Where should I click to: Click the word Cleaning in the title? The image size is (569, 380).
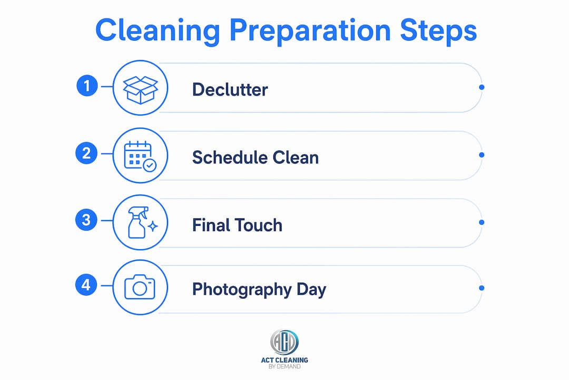(x=158, y=31)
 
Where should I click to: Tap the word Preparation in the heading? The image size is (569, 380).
(x=310, y=31)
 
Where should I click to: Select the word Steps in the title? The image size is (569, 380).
(x=438, y=31)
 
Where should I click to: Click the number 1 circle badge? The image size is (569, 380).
(x=87, y=86)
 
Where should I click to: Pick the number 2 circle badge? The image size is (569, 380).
(x=86, y=153)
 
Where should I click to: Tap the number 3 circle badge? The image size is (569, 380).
(x=86, y=220)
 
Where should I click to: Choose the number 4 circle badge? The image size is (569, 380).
(x=86, y=284)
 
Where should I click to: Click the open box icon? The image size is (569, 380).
(x=141, y=90)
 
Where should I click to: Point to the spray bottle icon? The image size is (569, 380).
(x=142, y=223)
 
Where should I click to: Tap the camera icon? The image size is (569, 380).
(x=140, y=287)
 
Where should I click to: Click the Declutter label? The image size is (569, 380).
(x=230, y=89)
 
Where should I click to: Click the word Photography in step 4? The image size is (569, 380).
(x=242, y=290)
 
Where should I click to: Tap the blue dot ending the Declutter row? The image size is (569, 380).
(x=482, y=87)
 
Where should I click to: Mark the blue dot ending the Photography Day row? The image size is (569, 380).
(x=482, y=288)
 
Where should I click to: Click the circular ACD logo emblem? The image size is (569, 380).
(x=284, y=342)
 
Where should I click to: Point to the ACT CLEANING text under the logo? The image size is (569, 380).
(x=284, y=360)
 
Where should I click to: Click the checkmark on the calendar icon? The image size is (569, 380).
(x=150, y=165)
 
